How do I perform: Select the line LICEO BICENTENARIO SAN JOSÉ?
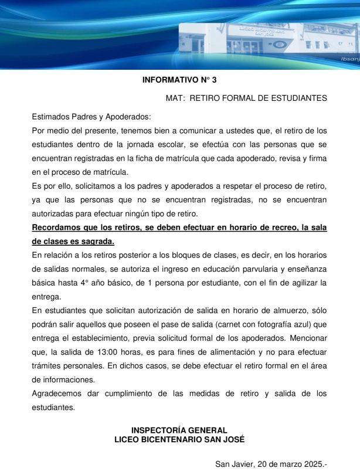point(179,439)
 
